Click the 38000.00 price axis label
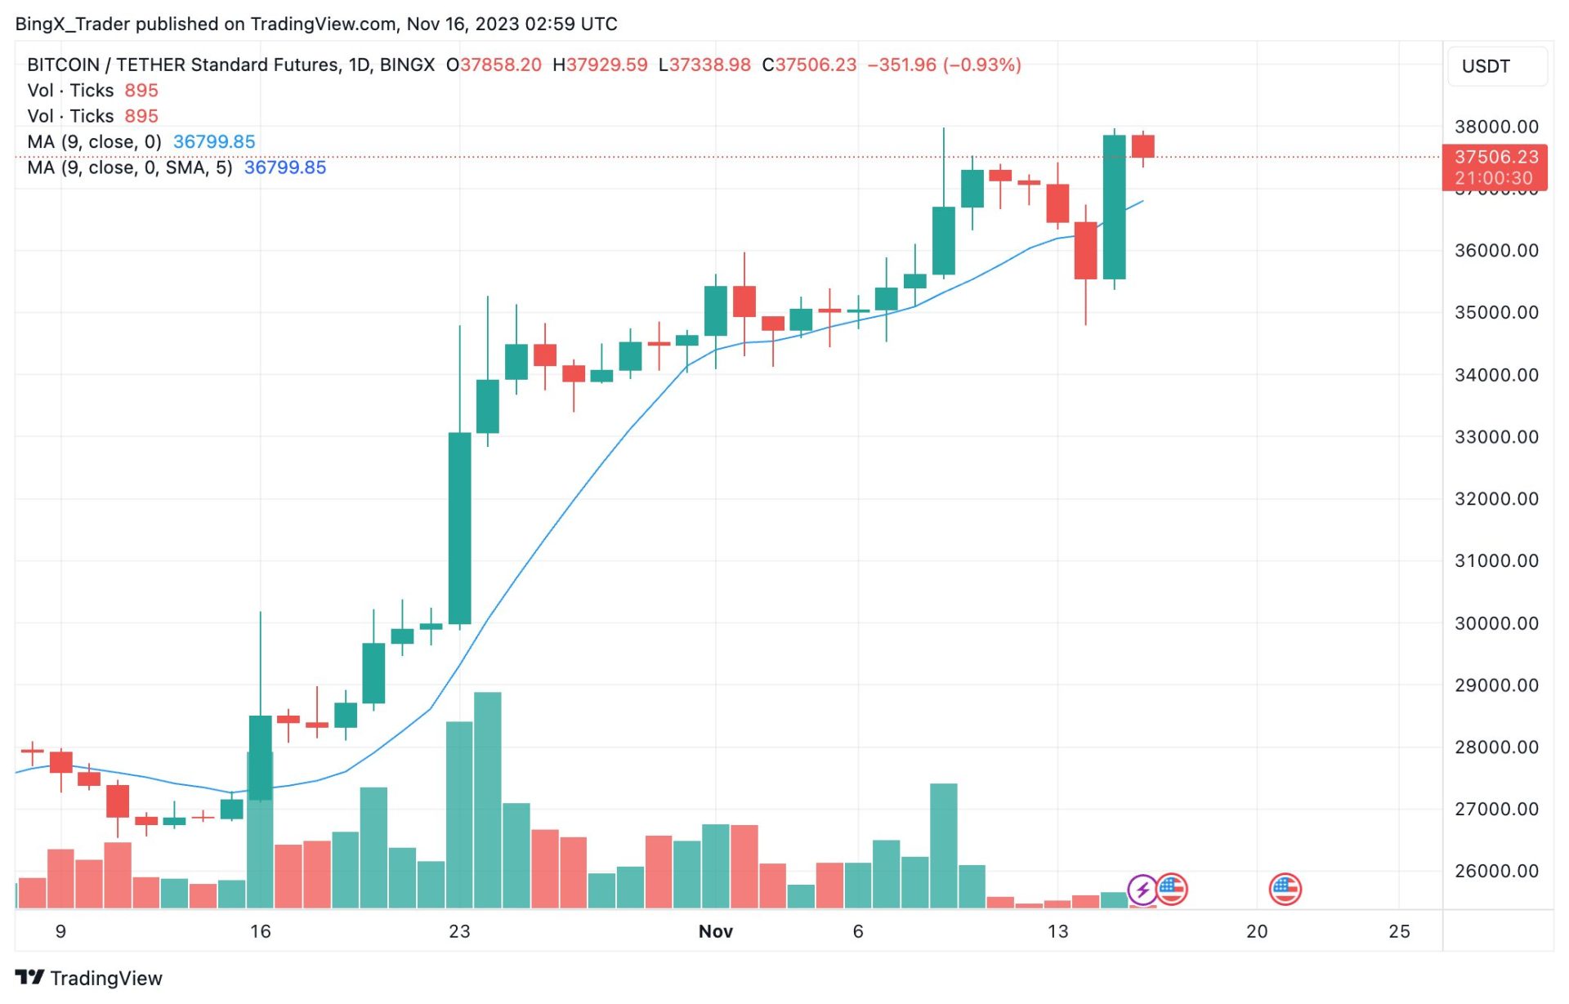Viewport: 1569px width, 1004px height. pos(1495,127)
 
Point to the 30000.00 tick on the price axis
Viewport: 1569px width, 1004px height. pos(1495,623)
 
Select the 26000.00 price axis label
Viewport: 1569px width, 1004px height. pos(1495,871)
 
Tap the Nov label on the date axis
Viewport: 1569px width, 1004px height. pos(715,931)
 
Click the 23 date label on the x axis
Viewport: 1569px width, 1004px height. pos(459,931)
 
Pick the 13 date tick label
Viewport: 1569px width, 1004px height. pos(1057,931)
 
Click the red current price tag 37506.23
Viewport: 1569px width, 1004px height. pos(1495,157)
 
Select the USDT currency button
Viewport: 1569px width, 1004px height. pos(1485,66)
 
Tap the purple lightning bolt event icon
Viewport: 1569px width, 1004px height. pos(1142,889)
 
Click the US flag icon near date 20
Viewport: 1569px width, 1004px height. pos(1285,889)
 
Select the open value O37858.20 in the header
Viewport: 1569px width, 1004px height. pos(494,65)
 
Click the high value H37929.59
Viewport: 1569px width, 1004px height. pos(600,65)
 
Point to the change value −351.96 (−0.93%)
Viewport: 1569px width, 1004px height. pos(944,65)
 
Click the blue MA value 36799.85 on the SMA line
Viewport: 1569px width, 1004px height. pos(284,167)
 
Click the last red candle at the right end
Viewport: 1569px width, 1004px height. pos(1142,146)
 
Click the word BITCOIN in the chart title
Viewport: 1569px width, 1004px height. pos(63,65)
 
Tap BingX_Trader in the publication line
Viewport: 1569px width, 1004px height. pos(72,24)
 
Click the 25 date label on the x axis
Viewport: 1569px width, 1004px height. pos(1399,931)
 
